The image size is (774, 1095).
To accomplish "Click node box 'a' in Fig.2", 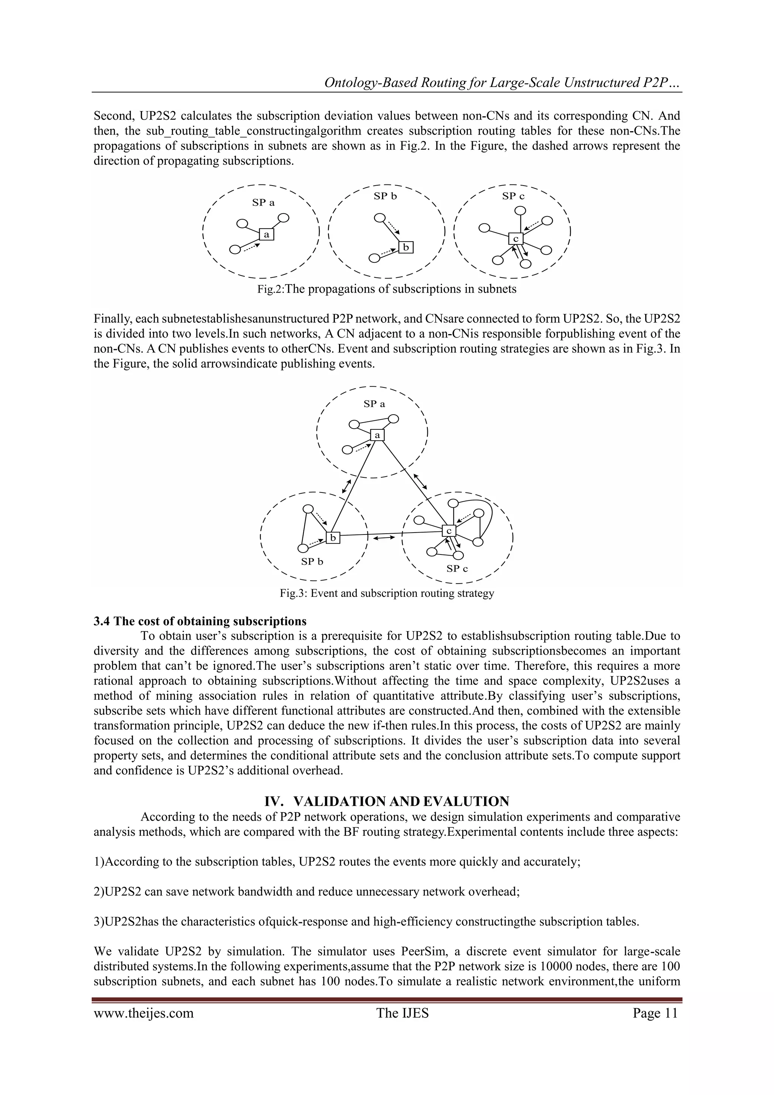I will click(266, 235).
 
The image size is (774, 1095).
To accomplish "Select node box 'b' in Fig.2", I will click(406, 248).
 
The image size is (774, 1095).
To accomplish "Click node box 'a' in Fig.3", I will click(377, 435).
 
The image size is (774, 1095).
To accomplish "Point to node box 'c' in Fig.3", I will click(449, 531).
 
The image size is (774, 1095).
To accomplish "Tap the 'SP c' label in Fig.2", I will click(513, 196).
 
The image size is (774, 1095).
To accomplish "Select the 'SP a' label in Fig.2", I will click(263, 203).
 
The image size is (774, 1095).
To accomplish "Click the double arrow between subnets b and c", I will click(384, 538).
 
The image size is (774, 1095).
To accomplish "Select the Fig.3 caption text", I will click(387, 593).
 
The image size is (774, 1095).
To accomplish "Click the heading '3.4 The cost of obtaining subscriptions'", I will click(200, 621).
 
